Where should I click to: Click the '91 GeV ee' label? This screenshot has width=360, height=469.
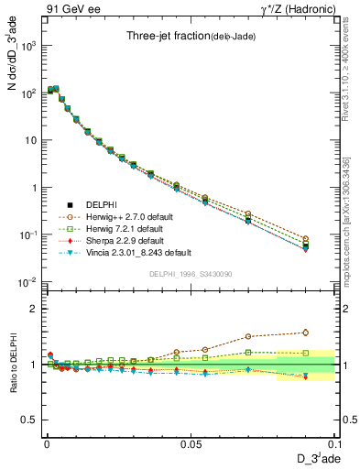(x=70, y=8)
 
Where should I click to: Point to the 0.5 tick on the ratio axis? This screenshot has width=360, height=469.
(x=29, y=420)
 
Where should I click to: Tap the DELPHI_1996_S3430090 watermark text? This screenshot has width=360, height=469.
(x=189, y=274)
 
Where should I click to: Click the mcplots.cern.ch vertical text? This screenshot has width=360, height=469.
(x=346, y=220)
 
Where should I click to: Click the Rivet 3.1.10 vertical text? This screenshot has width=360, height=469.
(x=346, y=64)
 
